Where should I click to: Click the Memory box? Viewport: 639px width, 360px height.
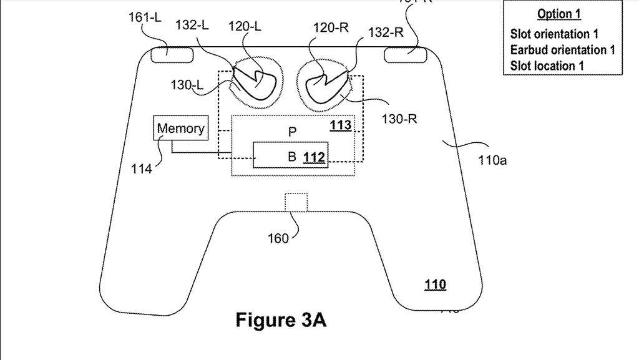click(180, 129)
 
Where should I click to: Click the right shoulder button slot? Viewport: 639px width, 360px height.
click(405, 54)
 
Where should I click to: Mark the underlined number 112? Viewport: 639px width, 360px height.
click(314, 158)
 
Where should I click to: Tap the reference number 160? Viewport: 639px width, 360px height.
click(278, 238)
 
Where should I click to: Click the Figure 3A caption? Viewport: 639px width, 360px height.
click(281, 320)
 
